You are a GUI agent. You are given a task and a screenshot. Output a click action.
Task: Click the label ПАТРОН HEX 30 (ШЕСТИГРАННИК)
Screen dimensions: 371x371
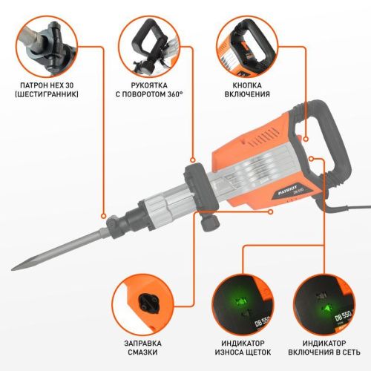click(42, 89)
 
